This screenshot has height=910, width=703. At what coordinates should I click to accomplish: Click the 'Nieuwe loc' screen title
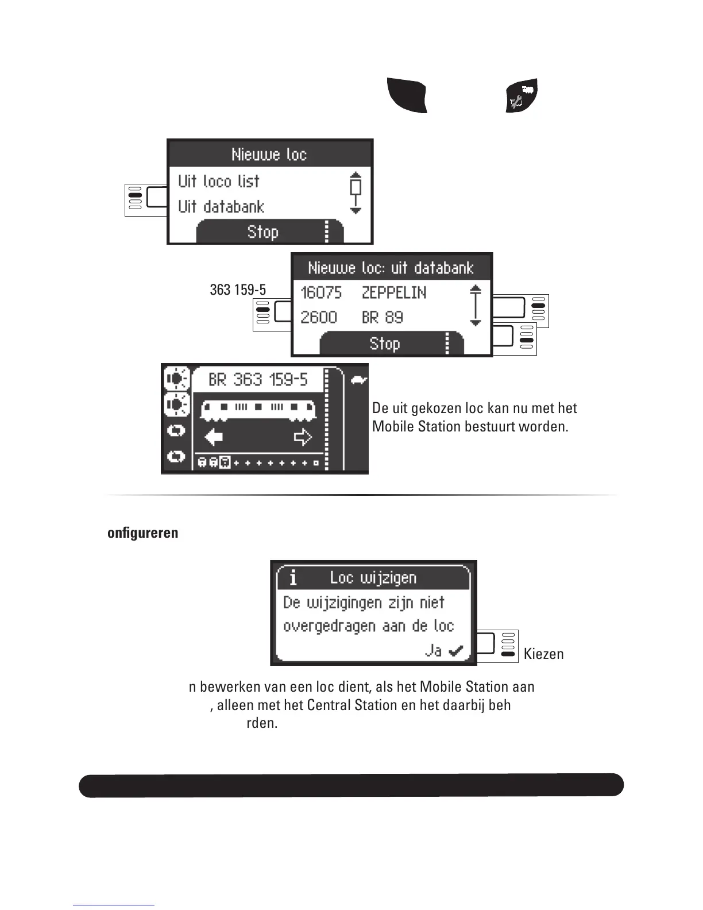point(269,155)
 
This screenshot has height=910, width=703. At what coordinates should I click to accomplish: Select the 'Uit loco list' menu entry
point(219,182)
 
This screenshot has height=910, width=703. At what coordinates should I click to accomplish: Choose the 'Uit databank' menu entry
point(221,207)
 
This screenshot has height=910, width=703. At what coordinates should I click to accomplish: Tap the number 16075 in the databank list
point(321,293)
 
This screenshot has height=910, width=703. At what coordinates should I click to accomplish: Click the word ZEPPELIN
point(394,293)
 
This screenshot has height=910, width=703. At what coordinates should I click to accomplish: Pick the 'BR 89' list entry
point(383,318)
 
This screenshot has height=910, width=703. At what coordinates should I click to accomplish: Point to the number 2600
point(319,318)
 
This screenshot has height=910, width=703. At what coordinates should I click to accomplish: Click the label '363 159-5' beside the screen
point(238,290)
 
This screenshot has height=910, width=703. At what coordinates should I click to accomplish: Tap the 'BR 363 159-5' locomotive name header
point(258,380)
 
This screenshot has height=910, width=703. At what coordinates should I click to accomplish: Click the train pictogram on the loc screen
point(258,409)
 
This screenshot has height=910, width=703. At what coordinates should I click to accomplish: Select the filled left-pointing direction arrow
point(214,438)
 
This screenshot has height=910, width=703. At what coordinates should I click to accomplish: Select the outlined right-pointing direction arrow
point(303,438)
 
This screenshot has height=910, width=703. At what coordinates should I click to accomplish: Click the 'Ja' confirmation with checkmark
point(444,651)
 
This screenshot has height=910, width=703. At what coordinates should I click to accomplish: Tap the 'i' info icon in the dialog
point(293,578)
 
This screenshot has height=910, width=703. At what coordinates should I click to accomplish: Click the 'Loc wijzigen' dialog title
point(373,578)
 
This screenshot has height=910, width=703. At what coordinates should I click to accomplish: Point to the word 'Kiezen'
point(543,654)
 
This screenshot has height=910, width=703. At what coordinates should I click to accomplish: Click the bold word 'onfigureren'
point(143,533)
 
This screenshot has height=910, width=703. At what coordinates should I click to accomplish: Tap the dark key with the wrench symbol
point(522,95)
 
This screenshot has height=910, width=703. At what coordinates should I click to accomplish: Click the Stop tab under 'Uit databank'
point(263,233)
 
